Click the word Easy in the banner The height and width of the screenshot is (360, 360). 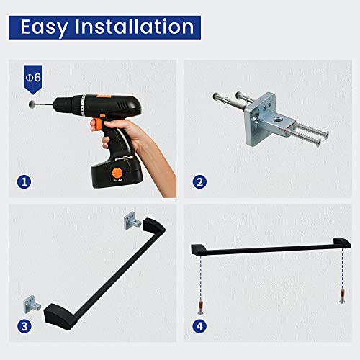(44, 27)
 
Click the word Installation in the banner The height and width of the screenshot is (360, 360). (135, 27)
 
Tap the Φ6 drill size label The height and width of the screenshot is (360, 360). (33, 78)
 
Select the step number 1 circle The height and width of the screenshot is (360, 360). (24, 182)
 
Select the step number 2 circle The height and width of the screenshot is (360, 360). (199, 182)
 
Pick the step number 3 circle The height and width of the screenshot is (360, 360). (24, 326)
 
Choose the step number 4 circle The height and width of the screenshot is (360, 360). (199, 326)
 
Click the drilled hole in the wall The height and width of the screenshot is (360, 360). (32, 104)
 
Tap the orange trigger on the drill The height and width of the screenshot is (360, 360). (96, 123)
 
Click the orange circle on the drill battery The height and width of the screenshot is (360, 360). (117, 173)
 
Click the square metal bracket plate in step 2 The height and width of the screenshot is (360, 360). (260, 120)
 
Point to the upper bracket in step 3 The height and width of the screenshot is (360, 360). (132, 221)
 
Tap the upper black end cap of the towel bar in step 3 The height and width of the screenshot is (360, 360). (153, 226)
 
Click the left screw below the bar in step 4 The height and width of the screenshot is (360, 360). (201, 307)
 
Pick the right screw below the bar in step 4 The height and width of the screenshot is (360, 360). (342, 297)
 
